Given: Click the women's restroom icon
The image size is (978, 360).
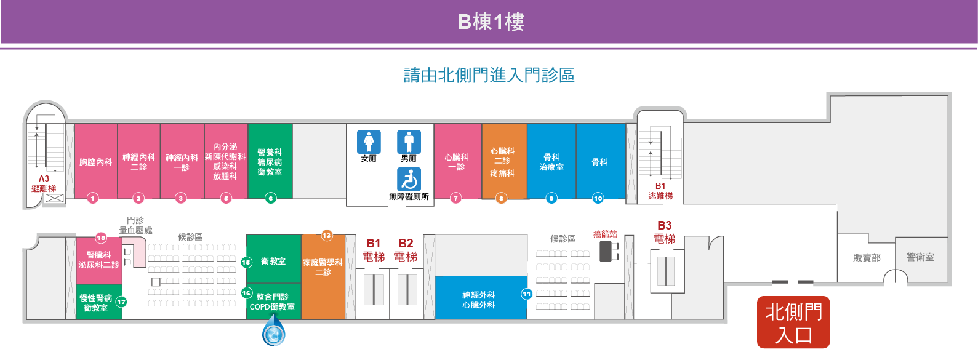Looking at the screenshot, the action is coord(369,142).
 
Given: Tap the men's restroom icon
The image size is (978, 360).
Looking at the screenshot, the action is coord(409,142).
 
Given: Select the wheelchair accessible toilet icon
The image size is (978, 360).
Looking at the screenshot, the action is coord(409,179).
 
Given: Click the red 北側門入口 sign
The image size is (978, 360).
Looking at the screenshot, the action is coord(793,322).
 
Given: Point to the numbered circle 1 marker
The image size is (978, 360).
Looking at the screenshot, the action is coord(92,199).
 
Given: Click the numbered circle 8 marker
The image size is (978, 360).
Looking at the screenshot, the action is coord(501,199).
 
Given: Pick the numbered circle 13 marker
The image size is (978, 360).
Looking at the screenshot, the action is coord(327,236).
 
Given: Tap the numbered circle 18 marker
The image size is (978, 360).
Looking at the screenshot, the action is coord(101,238).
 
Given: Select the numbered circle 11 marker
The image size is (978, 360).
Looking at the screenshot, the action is coord(527,294).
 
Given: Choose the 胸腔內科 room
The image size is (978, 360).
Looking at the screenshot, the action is coord(95,161).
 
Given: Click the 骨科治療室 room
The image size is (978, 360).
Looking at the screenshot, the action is coord(551,161).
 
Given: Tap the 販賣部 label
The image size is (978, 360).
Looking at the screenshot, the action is coord(867,257).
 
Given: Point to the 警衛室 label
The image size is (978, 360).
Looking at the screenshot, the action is coord(920,257).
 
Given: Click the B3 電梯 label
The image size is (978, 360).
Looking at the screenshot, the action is coord(664,232).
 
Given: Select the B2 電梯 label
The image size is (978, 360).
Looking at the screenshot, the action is coord(406,250).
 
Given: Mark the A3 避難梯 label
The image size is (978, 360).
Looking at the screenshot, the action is coord(44,184).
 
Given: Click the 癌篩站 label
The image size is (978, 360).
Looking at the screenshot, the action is coord(605,234).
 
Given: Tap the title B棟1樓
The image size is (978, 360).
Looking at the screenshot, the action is coord(491,22).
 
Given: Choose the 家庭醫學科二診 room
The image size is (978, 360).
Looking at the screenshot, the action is coord(323,277).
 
